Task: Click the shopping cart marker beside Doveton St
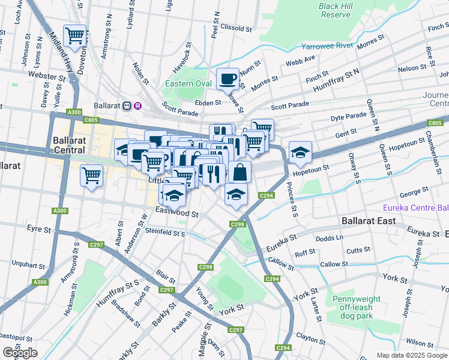click(x=76, y=35)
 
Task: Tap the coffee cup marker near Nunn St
click(x=228, y=79)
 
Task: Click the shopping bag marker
click(x=240, y=172)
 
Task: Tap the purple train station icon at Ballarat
click(x=137, y=106)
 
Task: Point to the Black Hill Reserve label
click(x=335, y=10)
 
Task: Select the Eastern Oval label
click(x=188, y=83)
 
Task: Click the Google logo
click(x=20, y=353)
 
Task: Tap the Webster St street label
click(x=46, y=77)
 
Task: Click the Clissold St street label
click(x=235, y=28)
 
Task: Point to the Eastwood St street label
click(x=176, y=213)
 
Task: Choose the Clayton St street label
click(x=310, y=339)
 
